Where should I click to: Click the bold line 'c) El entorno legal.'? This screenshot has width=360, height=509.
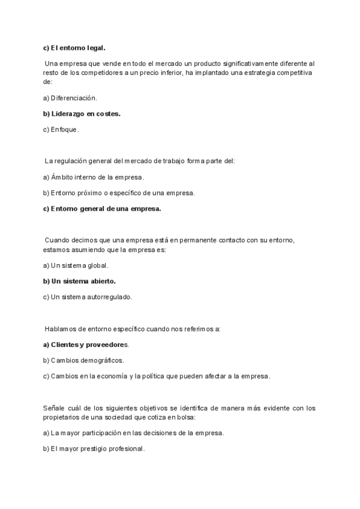coord(74,47)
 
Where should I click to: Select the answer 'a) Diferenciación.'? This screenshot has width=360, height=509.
coord(70,97)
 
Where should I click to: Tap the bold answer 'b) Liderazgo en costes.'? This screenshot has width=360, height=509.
coord(82,113)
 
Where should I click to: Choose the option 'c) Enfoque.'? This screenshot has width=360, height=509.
coord(61,128)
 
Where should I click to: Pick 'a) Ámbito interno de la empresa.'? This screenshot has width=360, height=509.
coord(94,177)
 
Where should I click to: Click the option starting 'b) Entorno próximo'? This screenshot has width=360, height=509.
coord(119,193)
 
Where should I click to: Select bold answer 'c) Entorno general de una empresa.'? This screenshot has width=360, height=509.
coord(102,208)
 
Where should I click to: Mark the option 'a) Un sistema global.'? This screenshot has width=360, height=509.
coord(76,265)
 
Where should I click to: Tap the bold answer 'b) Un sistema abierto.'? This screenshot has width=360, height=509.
coord(79,280)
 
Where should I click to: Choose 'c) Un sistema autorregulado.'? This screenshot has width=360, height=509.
coord(87,296)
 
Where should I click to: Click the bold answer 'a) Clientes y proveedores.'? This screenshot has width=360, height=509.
coord(86,345)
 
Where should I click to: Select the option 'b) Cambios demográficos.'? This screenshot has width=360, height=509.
coord(83,360)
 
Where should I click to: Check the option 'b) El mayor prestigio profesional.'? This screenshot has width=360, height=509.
coord(94,448)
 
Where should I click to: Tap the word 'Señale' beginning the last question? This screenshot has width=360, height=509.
coord(54,408)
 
